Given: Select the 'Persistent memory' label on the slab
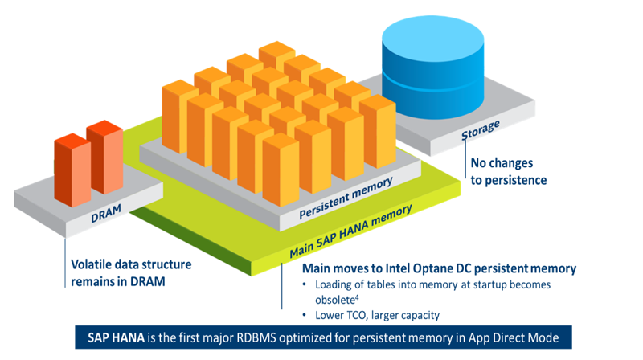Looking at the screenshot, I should [x=346, y=198].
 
